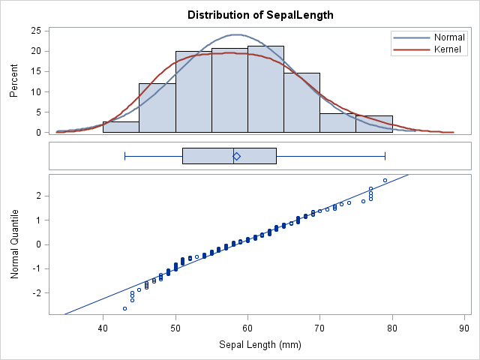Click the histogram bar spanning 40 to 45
pyautogui.click(x=121, y=127)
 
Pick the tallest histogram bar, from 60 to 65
pyautogui.click(x=265, y=89)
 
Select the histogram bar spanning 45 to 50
pyautogui.click(x=157, y=108)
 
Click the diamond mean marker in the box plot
pyautogui.click(x=236, y=156)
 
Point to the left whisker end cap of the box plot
pyautogui.click(x=124, y=156)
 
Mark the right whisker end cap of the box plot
pyautogui.click(x=385, y=156)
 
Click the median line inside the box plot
pyautogui.click(x=233, y=156)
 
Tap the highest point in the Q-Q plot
pyautogui.click(x=385, y=180)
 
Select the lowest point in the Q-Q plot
pyautogui.click(x=124, y=308)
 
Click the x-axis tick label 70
pyautogui.click(x=319, y=328)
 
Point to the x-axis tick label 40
pyautogui.click(x=103, y=328)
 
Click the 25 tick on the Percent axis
pyautogui.click(x=35, y=31)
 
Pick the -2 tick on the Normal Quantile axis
pyautogui.click(x=35, y=292)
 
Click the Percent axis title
pyautogui.click(x=13, y=82)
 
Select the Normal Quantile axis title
pyautogui.click(x=13, y=244)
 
